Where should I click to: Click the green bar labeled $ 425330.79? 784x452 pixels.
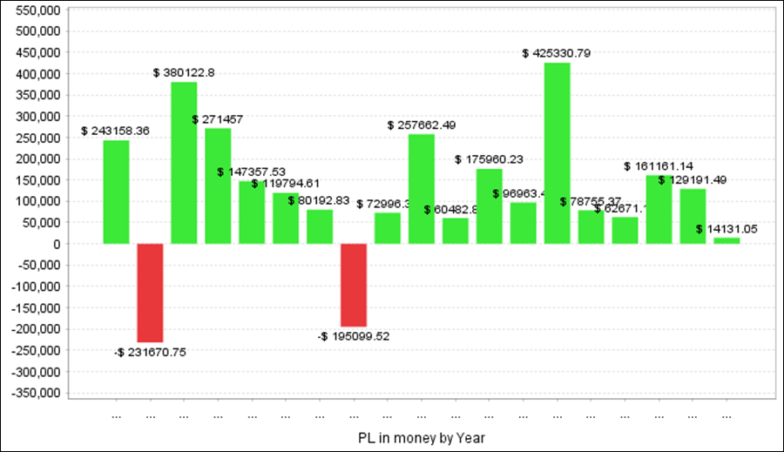coord(557,153)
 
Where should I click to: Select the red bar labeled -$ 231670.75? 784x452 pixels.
coord(150,293)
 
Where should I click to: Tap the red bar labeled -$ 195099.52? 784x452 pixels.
coord(353,285)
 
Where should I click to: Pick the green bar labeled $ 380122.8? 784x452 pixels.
coord(184,163)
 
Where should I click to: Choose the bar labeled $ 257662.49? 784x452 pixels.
coord(422,189)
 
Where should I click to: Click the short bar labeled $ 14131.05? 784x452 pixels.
coord(727,240)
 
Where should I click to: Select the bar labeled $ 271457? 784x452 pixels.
coord(218,186)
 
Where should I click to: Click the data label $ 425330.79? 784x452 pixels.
coord(557,53)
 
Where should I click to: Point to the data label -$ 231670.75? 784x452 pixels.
coord(150,352)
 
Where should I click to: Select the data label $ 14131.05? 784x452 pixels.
coord(727,229)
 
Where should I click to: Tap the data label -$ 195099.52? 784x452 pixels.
coord(354,336)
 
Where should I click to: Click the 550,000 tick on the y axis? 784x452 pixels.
coord(37,10)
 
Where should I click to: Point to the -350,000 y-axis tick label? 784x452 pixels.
coord(34,393)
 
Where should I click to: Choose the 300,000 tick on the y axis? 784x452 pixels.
coord(37,116)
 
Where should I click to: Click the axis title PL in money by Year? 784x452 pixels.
coord(421,435)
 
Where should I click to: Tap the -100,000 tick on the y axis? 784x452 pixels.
coord(34,287)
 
